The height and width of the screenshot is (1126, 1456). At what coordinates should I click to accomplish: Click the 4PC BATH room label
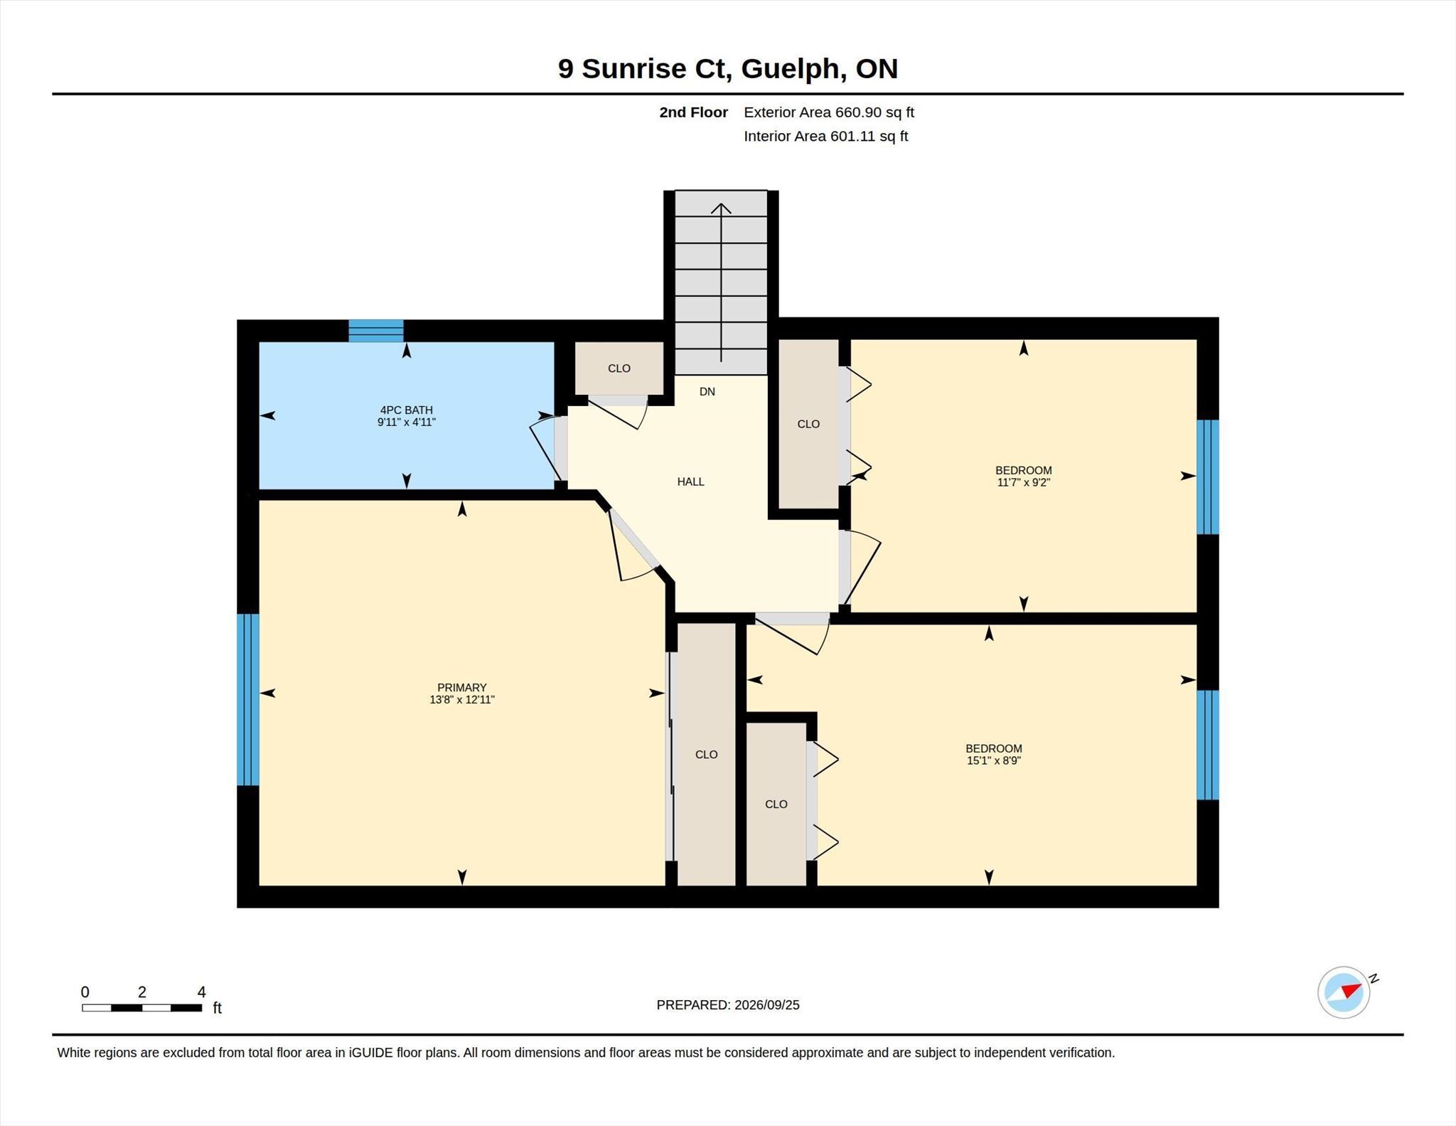406,410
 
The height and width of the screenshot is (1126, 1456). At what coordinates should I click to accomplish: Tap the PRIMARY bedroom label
461,687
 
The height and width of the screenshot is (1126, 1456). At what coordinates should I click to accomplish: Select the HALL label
690,482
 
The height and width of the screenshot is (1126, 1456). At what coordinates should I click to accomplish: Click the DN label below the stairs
707,391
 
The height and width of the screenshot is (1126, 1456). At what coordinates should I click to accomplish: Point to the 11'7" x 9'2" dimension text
1023,482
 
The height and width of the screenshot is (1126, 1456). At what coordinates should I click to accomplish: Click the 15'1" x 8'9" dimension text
993,760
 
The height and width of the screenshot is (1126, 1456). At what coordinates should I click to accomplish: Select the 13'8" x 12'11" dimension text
461,699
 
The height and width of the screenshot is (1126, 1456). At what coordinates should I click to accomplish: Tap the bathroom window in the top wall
376,331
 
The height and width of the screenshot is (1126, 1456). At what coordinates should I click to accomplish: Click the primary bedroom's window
248,699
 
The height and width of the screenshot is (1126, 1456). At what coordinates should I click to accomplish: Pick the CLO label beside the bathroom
619,368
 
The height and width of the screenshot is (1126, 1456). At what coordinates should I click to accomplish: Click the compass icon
1344,992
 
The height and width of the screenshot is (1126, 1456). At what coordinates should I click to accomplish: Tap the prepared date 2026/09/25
766,1004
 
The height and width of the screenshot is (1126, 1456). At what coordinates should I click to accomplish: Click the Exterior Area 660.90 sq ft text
828,112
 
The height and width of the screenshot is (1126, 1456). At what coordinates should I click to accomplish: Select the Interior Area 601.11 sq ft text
825,136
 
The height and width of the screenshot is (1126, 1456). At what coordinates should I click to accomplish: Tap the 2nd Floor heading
693,112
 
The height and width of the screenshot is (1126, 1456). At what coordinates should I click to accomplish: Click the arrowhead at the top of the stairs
721,208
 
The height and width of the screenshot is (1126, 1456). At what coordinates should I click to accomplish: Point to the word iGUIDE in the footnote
370,1053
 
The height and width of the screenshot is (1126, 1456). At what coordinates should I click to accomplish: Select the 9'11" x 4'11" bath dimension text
406,422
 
